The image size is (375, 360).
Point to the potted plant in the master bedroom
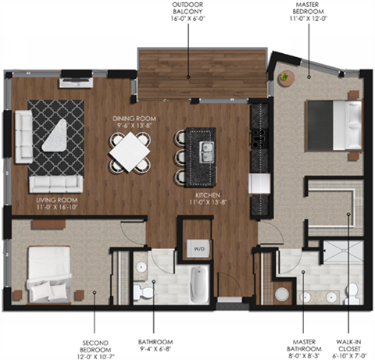click(286, 77)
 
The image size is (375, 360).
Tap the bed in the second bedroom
click(48, 274)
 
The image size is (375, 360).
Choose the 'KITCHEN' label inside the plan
click(207, 193)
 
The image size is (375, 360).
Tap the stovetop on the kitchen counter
click(257, 138)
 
